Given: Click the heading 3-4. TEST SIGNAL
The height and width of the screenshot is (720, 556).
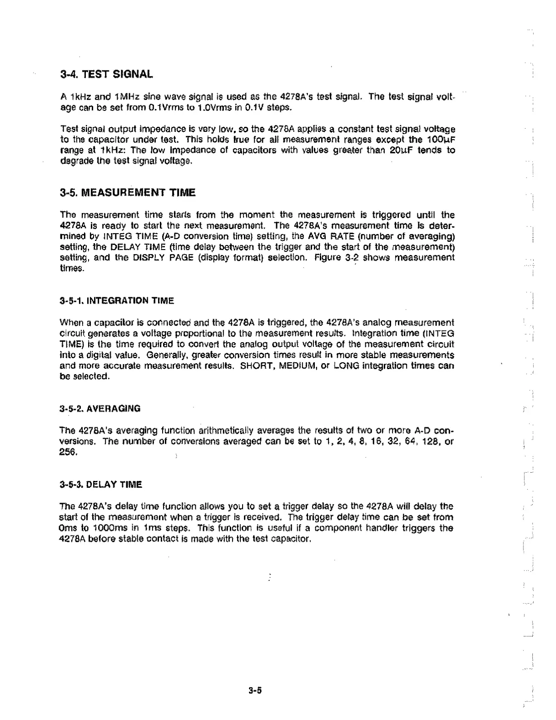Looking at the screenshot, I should tap(106, 74).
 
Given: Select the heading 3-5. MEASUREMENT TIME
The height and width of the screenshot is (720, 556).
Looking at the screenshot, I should tap(128, 193).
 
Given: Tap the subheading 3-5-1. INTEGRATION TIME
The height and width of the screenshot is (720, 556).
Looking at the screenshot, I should tap(117, 300).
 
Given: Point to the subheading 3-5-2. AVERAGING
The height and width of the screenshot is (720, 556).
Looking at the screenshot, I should tap(100, 408).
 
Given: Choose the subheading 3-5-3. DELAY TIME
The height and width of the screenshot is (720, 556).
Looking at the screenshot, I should tap(101, 485).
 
